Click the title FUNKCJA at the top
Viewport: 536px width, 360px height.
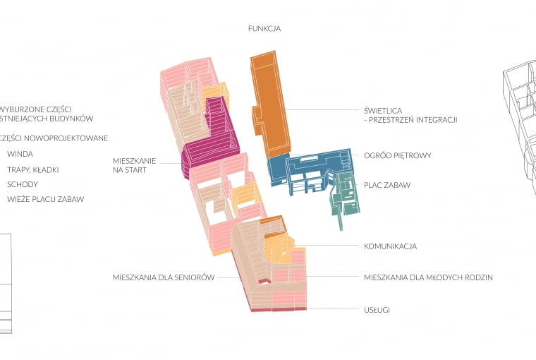(x=264, y=29)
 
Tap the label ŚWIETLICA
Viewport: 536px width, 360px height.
(x=384, y=111)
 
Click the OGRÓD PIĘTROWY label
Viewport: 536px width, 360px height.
(x=397, y=155)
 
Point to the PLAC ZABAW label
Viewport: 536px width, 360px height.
(x=386, y=185)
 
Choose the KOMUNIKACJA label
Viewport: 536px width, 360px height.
(x=390, y=246)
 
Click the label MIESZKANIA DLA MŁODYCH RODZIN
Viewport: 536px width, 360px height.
(x=427, y=277)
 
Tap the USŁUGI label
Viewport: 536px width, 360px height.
(x=377, y=310)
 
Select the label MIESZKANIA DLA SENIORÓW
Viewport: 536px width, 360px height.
(x=163, y=277)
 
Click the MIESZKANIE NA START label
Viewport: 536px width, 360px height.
(x=134, y=165)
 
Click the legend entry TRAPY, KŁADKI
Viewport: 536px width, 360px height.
(x=32, y=169)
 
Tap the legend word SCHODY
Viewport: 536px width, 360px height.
(x=23, y=184)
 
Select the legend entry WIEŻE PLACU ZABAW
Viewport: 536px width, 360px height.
(x=45, y=200)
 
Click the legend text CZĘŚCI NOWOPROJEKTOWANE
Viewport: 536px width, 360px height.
(x=54, y=138)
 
